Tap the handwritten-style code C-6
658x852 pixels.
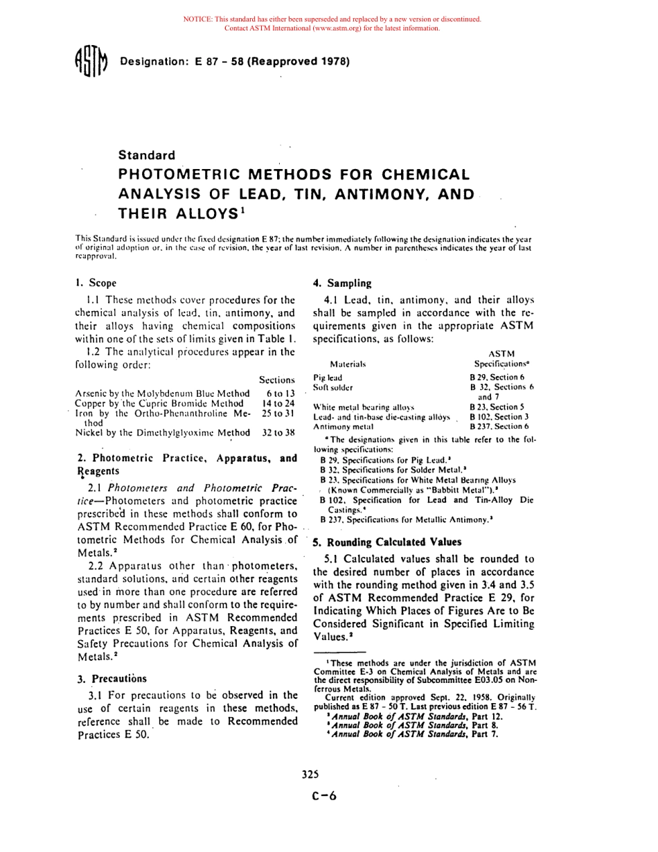point(324,796)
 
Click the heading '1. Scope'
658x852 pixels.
point(96,283)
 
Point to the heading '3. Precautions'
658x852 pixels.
point(112,678)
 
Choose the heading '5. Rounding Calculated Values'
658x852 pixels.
point(386,542)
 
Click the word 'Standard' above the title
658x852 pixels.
point(146,155)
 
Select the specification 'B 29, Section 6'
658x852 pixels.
point(497,378)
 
